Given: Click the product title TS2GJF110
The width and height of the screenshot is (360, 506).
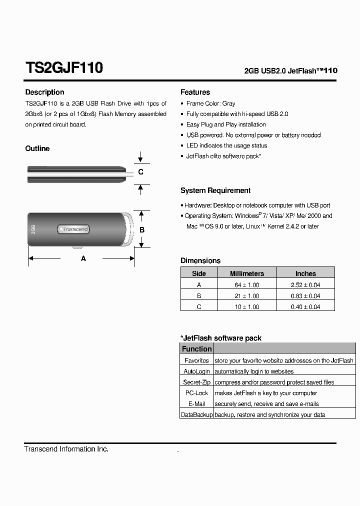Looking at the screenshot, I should click(x=64, y=68).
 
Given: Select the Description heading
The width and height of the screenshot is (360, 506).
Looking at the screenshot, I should click(x=44, y=92).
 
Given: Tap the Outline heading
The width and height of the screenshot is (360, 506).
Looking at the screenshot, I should click(x=37, y=148).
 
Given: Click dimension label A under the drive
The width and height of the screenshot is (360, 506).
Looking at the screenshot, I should click(x=83, y=258).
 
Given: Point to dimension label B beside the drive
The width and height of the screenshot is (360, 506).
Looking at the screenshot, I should click(x=142, y=230).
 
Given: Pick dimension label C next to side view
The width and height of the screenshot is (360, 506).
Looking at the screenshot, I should click(x=141, y=172).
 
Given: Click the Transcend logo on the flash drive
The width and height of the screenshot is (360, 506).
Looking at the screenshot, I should click(x=74, y=229).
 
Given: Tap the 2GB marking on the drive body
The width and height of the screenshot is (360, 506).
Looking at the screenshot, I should click(x=33, y=229).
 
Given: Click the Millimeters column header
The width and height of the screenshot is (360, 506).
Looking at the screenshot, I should click(x=246, y=273).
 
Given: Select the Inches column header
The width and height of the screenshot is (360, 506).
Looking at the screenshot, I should click(x=305, y=273).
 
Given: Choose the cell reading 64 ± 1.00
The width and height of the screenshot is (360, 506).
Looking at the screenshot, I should click(x=246, y=285).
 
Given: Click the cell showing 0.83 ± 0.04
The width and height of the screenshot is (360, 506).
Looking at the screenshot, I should click(x=305, y=296).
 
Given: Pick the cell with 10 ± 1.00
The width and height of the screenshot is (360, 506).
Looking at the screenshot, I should click(x=246, y=307).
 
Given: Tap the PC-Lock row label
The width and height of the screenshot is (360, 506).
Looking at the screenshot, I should click(x=196, y=393).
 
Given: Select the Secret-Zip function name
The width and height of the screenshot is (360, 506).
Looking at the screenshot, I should click(x=196, y=382).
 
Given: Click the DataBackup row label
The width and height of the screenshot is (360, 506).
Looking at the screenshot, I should click(x=196, y=415).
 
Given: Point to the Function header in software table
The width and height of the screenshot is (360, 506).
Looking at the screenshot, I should click(x=196, y=349).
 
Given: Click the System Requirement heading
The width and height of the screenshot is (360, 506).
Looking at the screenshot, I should click(x=215, y=190).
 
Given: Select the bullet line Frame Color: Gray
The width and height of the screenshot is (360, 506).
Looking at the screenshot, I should click(x=210, y=103).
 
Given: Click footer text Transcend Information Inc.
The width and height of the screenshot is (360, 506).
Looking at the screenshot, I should click(x=66, y=449).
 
